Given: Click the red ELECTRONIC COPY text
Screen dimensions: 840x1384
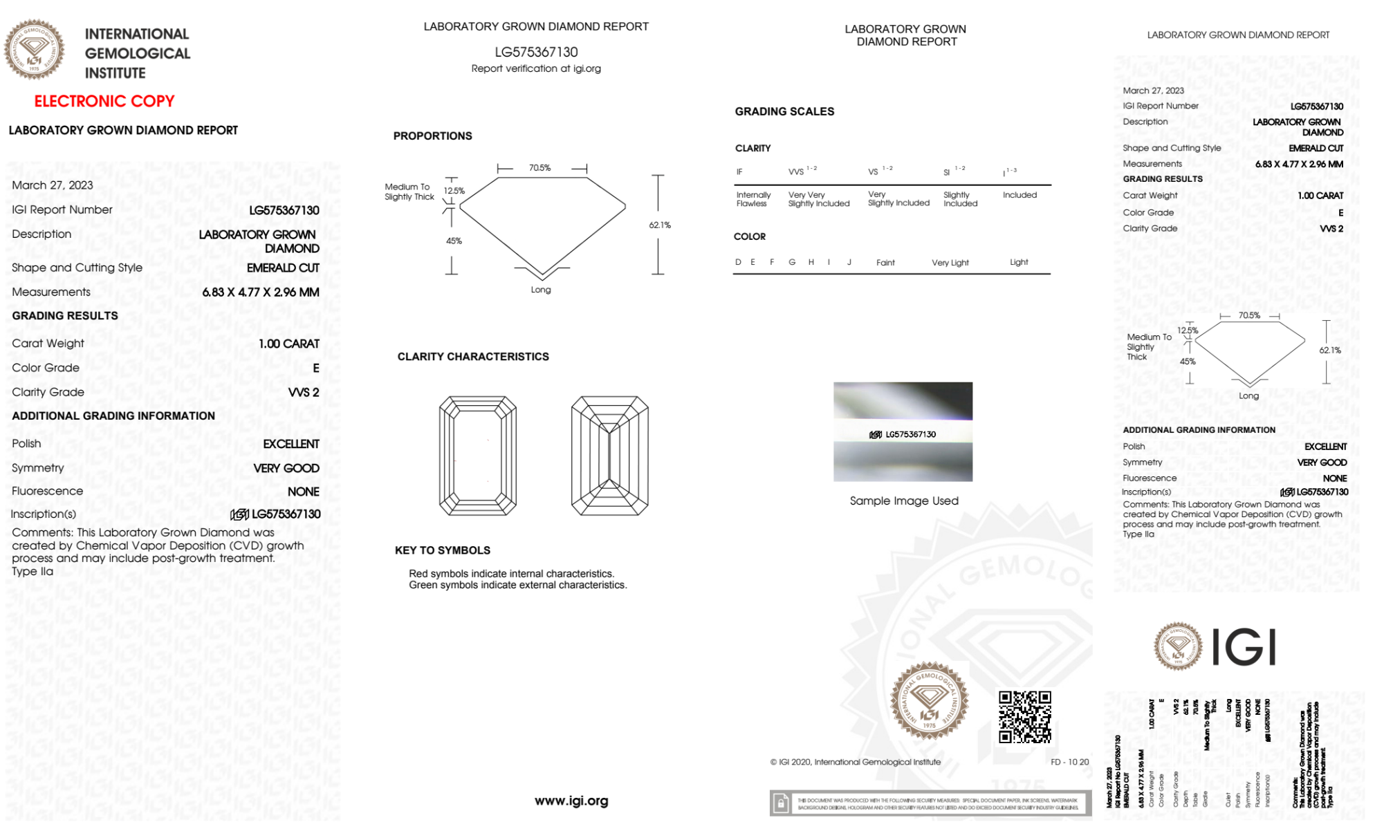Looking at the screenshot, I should (x=104, y=101).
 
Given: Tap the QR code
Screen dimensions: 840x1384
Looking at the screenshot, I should (x=1024, y=717).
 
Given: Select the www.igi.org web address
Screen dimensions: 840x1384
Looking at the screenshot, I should (x=571, y=801).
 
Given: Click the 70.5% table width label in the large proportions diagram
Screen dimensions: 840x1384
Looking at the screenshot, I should (x=539, y=168).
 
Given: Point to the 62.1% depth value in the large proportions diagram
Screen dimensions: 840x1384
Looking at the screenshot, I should (x=660, y=225).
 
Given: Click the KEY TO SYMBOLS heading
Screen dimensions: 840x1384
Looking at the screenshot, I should (x=443, y=550).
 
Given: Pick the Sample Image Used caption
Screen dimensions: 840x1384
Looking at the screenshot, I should (x=904, y=501).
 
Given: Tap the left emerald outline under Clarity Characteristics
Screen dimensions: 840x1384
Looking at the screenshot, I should (x=478, y=456).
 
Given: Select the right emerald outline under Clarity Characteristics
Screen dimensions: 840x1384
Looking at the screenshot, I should (x=609, y=456).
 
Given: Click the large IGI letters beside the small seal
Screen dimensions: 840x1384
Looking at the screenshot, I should (x=1244, y=648).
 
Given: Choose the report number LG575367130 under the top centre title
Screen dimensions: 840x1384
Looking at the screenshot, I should (x=536, y=52).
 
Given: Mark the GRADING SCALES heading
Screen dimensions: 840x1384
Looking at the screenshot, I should (x=784, y=111).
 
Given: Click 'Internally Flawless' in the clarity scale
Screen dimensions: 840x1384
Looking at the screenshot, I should (x=753, y=199).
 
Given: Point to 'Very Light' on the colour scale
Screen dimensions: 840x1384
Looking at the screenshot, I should (x=950, y=263).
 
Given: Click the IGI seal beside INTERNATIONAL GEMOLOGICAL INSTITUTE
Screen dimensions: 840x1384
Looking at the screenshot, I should (x=34, y=50).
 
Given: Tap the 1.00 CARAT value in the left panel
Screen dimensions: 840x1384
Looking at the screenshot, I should (x=289, y=344).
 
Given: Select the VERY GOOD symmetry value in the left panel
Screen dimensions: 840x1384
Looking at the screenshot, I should (x=286, y=468).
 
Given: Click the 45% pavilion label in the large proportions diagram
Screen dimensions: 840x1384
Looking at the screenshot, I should (x=454, y=241).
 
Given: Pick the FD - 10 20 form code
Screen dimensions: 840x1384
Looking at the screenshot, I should (x=1069, y=762).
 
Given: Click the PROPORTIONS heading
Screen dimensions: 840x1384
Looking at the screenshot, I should (x=432, y=136).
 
